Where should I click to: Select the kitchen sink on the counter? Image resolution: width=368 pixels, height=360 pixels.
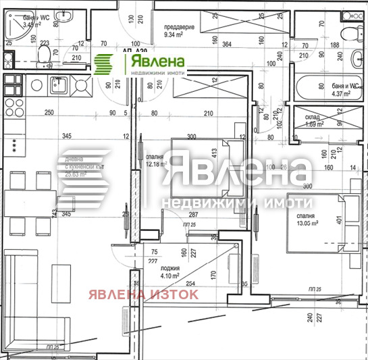pos(57,86)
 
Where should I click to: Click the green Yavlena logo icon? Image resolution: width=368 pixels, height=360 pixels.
pos(104,64)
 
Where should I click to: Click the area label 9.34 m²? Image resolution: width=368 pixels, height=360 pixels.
pos(180,30)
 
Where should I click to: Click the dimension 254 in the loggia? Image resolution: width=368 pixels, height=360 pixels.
pos(192,284)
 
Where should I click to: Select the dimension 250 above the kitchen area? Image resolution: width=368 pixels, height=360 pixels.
pos(48,113)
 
